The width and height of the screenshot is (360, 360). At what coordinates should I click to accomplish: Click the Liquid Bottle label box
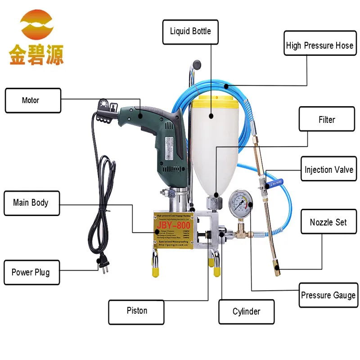pyautogui.click(x=190, y=31)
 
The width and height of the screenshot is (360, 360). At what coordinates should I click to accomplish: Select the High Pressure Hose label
pyautogui.click(x=319, y=45)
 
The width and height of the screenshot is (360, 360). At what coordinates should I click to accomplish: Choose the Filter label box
pyautogui.click(x=327, y=119)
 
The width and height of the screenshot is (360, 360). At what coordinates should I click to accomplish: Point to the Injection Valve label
pyautogui.click(x=328, y=170)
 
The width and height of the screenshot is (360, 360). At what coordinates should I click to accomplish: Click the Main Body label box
pyautogui.click(x=31, y=202)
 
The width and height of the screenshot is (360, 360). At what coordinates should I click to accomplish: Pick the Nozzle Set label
pyautogui.click(x=328, y=222)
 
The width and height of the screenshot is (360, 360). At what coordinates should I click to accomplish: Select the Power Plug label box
pyautogui.click(x=31, y=272)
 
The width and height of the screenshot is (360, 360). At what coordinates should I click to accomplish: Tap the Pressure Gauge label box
pyautogui.click(x=328, y=295)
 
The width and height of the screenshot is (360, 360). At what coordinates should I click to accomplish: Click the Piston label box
pyautogui.click(x=137, y=310)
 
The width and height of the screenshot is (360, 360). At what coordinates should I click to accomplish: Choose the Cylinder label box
pyautogui.click(x=246, y=311)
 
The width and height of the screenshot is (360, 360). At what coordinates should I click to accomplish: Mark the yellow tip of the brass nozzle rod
pyautogui.click(x=276, y=271)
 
